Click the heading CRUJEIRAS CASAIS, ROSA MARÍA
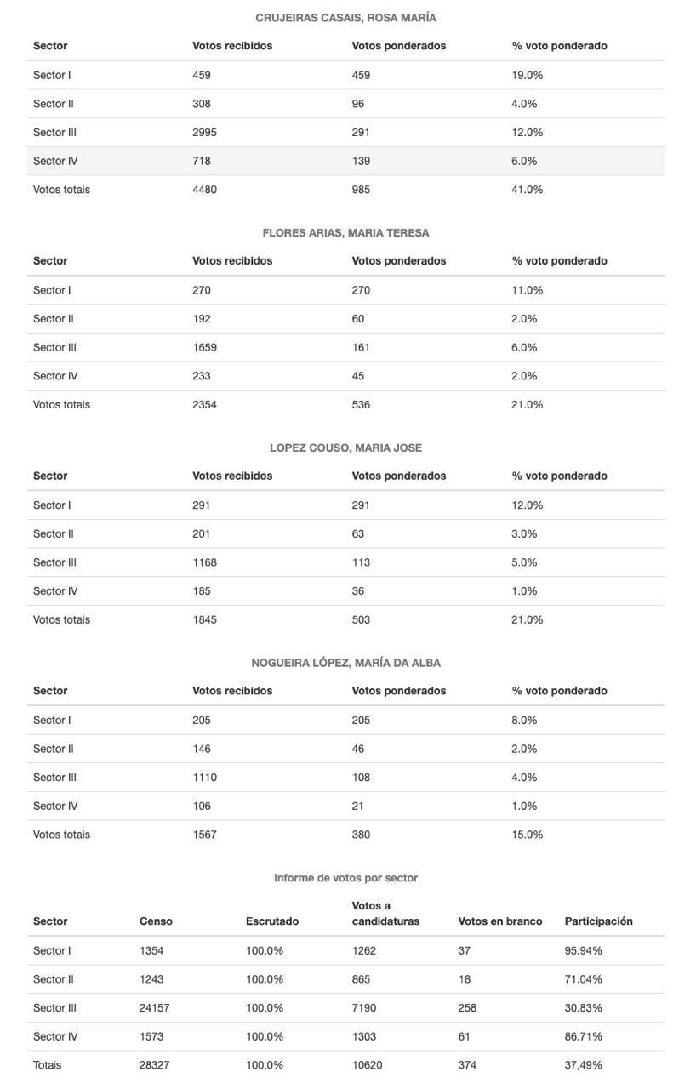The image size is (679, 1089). pyautogui.click(x=345, y=18)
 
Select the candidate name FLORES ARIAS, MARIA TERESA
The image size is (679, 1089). pyautogui.click(x=345, y=233)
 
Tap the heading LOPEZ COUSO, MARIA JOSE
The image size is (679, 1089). pyautogui.click(x=345, y=448)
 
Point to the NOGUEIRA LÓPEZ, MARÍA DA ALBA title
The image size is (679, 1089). pyautogui.click(x=345, y=663)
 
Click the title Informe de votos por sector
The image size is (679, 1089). pyautogui.click(x=345, y=878)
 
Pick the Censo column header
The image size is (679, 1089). pyautogui.click(x=156, y=921)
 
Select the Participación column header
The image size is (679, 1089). pyautogui.click(x=598, y=921)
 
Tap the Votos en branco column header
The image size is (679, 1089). pyautogui.click(x=499, y=921)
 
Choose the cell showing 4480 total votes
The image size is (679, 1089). pyautogui.click(x=204, y=190)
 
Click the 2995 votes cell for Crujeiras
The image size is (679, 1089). pyautogui.click(x=204, y=133)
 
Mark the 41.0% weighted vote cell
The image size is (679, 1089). pyautogui.click(x=527, y=190)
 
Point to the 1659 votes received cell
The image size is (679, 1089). pyautogui.click(x=204, y=348)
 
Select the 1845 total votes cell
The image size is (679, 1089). pyautogui.click(x=204, y=620)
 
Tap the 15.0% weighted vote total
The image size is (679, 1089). pyautogui.click(x=527, y=835)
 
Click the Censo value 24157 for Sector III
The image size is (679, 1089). pyautogui.click(x=154, y=1008)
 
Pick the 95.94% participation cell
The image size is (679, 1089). pyautogui.click(x=583, y=951)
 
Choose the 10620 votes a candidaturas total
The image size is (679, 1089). pyautogui.click(x=367, y=1065)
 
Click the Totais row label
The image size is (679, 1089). pyautogui.click(x=47, y=1065)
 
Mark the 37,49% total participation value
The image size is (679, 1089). pyautogui.click(x=583, y=1065)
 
